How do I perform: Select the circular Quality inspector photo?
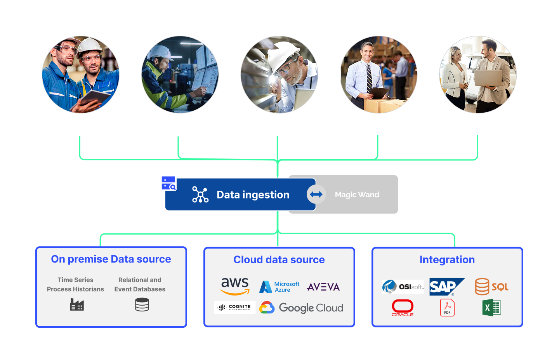coord(279,75)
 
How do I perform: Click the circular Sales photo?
coord(478,75)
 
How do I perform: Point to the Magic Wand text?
coord(357,195)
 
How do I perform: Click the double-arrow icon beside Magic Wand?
coord(316,195)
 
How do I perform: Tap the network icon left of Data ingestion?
coord(200,195)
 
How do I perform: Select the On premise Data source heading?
coord(111,259)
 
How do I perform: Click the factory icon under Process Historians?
coord(77,304)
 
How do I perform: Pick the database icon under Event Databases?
coord(142,305)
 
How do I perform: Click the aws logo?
coord(235,286)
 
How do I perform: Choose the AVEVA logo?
coord(323,287)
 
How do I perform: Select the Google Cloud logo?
coord(301,308)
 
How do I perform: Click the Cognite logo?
coord(235,308)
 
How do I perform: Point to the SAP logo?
coord(446,287)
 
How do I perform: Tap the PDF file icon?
coord(447,308)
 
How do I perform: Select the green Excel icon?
coord(491,308)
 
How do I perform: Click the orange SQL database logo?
coord(491,287)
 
